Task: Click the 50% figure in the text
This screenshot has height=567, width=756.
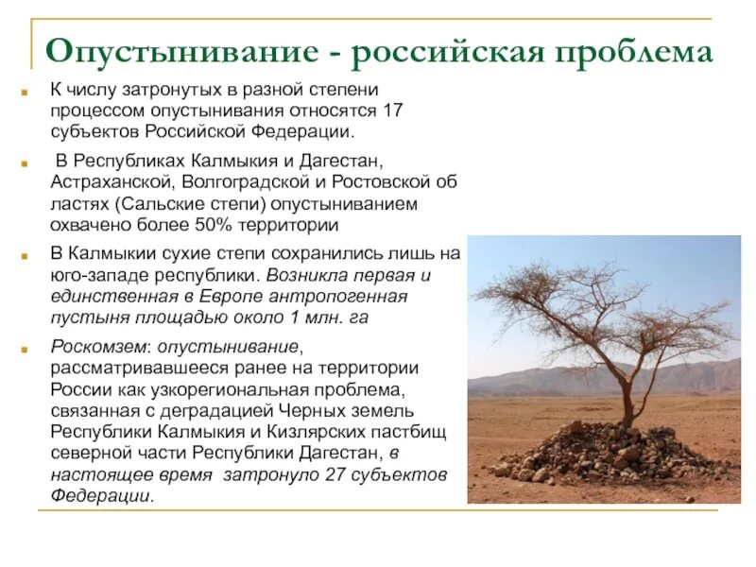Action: [227, 225]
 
